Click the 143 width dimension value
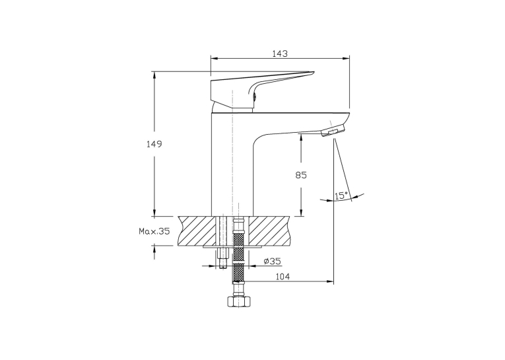(x=280, y=54)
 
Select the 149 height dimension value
(x=154, y=144)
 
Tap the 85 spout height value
(x=301, y=175)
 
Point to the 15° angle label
(x=341, y=196)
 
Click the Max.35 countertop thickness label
(x=154, y=231)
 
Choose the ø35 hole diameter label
(x=272, y=261)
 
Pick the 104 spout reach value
(x=283, y=277)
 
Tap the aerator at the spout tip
(x=333, y=131)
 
